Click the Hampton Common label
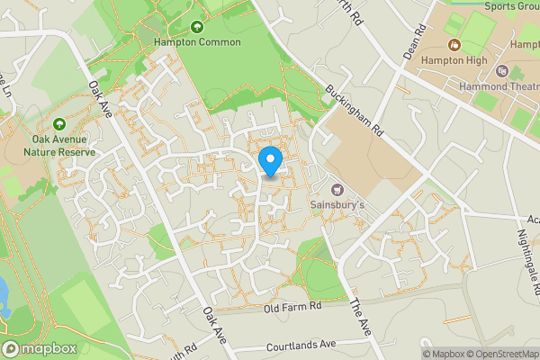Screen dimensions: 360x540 tap(197, 42)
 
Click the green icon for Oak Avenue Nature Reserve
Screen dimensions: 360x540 tap(58, 124)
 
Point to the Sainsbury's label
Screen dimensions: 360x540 tap(337, 204)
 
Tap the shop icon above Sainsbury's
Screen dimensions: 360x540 tap(337, 190)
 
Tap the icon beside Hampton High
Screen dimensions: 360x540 tap(453, 45)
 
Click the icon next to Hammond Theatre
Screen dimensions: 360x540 tap(503, 69)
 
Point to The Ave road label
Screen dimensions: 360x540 tap(360, 318)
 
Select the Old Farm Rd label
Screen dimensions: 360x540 tap(292, 308)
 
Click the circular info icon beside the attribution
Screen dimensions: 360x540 tap(412, 353)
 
